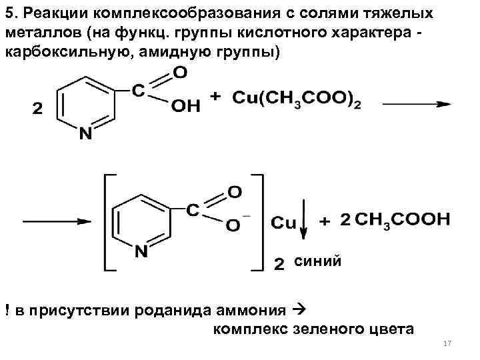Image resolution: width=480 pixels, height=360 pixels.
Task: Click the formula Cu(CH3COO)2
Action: coord(297,99)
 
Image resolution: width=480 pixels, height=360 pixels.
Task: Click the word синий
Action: coord(318,261)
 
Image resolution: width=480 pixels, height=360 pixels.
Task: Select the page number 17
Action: coord(447,343)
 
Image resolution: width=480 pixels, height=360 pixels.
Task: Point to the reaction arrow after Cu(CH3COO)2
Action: coord(417,103)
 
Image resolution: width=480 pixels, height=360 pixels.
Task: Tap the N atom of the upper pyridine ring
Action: coord(86,134)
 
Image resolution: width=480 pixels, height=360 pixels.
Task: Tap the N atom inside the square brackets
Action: coord(141,252)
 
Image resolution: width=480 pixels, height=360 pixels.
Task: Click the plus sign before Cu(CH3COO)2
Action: coord(216,97)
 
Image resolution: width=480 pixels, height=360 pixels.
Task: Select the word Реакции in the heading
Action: coord(50,14)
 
